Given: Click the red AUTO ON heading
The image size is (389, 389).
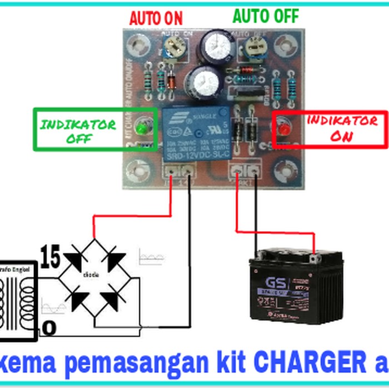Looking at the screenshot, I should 156,18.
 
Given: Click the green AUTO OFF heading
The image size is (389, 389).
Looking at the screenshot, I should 266,16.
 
